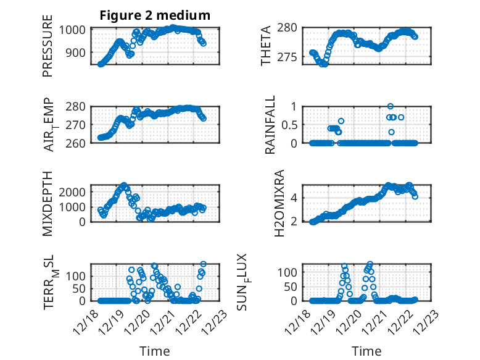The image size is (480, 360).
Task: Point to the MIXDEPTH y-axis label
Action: point(48,203)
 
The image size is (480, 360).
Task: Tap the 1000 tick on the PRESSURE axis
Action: point(74,30)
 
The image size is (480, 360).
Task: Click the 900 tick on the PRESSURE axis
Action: point(78,52)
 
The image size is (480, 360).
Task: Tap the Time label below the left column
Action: point(154,351)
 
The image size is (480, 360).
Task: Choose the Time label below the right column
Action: point(366,351)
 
